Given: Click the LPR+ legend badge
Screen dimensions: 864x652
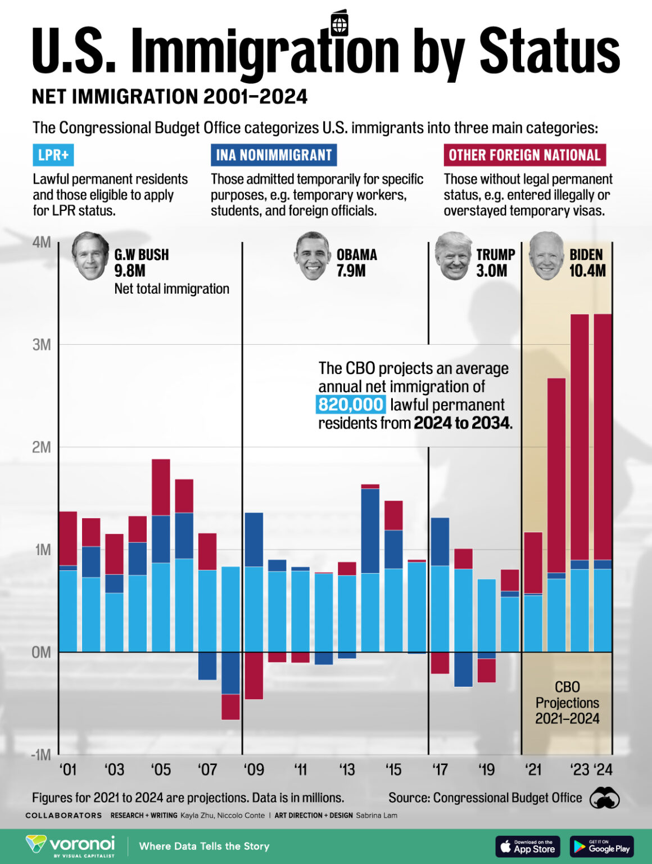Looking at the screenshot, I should point(53,155).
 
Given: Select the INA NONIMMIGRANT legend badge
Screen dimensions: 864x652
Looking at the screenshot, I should point(274,155).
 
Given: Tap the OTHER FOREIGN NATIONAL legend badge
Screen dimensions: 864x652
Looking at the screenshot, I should point(524,155).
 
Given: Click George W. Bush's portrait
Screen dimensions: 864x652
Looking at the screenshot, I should point(90,255).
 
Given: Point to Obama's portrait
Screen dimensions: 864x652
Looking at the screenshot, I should point(313,255).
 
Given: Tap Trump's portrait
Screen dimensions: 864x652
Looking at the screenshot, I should point(453,255).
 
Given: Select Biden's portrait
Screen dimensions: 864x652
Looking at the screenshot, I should point(546,255).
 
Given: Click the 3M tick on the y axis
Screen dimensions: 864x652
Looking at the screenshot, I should point(42,345).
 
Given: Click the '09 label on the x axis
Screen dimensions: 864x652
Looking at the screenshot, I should point(253,769).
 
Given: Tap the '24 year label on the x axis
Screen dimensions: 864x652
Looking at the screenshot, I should point(603,769).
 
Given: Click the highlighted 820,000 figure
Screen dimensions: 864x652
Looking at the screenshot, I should point(351,404).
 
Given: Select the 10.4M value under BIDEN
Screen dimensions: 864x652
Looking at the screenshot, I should point(587,271).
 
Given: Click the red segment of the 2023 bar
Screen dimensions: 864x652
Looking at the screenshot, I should point(579,436).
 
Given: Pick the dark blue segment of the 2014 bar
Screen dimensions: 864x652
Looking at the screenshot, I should point(370,530).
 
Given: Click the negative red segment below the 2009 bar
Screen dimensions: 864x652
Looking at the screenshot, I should point(253,675).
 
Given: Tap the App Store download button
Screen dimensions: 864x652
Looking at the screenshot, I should point(527,846).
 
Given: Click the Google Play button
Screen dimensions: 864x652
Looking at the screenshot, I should point(601,846).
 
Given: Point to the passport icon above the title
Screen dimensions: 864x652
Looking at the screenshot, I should point(339,24).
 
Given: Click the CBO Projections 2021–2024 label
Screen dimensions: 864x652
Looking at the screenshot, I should point(567,703).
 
